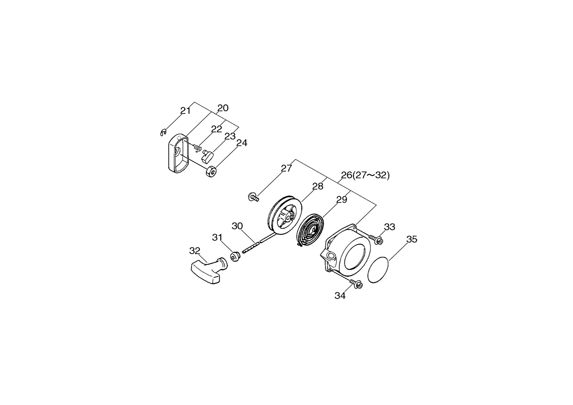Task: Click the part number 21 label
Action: coord(185,111)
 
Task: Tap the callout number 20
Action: coord(223,108)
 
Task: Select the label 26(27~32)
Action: coord(365,175)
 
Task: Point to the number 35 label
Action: coord(412,239)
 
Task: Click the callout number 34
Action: coord(340,296)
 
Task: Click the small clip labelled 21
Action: coord(163,133)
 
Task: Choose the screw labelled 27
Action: coord(253,197)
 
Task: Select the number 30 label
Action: coord(237,226)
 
